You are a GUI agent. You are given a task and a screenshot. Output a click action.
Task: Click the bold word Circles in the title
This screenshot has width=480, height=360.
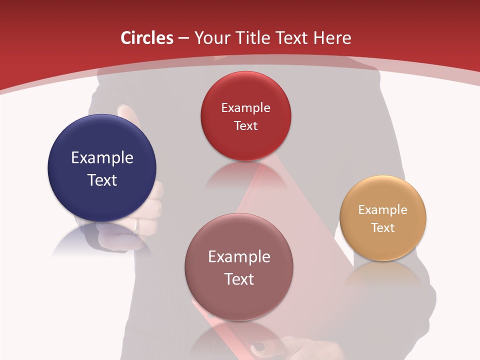[147, 38]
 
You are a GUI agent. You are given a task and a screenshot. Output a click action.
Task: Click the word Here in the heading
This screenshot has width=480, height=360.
[332, 38]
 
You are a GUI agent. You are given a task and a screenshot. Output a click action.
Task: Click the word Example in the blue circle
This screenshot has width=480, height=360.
[102, 158]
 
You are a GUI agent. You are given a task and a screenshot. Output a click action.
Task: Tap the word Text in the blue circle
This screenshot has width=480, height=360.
[102, 180]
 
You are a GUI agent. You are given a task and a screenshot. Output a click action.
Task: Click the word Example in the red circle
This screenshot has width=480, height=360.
[245, 108]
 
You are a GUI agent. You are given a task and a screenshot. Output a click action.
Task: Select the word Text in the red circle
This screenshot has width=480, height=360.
[245, 125]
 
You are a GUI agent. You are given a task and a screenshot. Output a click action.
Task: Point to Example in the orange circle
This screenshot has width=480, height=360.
[383, 210]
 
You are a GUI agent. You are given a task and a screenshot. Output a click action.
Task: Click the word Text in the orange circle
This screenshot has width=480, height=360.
[383, 228]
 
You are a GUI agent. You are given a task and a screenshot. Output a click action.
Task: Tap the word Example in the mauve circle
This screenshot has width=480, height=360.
[239, 257]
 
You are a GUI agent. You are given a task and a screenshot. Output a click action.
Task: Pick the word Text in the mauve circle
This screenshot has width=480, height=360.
[239, 279]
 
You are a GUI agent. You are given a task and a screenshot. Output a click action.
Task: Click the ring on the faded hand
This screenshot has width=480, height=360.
[136, 227]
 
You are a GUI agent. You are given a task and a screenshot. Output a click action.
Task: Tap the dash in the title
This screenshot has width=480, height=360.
[183, 38]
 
